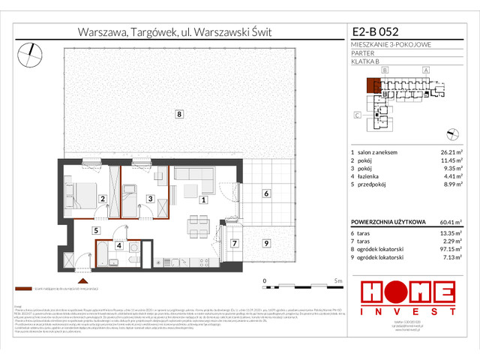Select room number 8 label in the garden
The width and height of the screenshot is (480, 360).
click(178, 115)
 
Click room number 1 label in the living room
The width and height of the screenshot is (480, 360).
click(202, 199)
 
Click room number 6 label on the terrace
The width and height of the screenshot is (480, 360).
click(265, 193)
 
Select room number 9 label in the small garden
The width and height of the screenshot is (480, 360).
click(265, 243)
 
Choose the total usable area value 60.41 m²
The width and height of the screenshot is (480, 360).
click(449, 222)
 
